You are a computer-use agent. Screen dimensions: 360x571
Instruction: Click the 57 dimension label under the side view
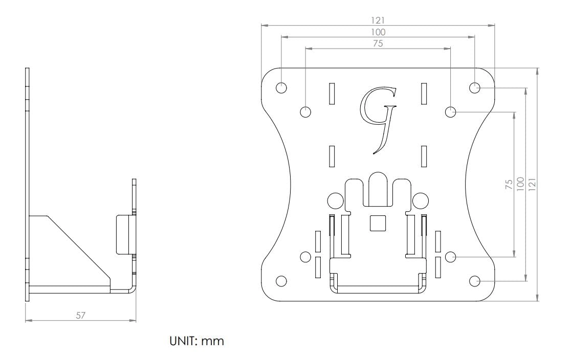pos(80,316)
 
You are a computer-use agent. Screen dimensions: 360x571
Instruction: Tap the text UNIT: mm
pos(196,341)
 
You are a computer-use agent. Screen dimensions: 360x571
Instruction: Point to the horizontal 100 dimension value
pos(378,32)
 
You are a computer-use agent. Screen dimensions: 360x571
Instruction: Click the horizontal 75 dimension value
pos(378,44)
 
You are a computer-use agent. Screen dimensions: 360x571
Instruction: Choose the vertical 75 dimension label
pos(509,184)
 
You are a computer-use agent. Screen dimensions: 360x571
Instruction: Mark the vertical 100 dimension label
pos(520,184)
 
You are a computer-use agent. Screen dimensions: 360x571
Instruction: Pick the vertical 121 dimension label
pos(532,184)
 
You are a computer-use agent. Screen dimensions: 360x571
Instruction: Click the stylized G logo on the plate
pos(378,120)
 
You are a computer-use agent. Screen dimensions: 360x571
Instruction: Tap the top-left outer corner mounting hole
pos(281,87)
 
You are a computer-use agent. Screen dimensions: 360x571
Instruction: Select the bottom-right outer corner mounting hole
pos(474,280)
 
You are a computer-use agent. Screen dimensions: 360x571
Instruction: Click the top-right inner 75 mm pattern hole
pos(450,111)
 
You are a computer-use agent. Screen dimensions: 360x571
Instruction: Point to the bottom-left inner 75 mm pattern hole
pos(305,257)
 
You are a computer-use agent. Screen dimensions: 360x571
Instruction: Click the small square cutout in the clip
pos(377,223)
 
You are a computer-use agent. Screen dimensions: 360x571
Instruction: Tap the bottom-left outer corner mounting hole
pos(281,280)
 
